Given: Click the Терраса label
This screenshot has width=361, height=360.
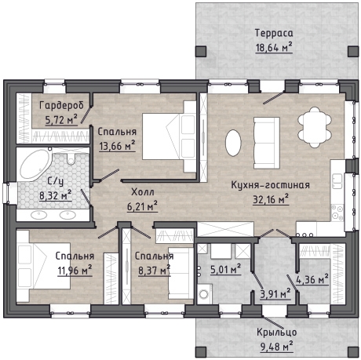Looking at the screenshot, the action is pos(274,33).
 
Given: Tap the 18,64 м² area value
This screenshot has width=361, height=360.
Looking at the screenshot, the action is pos(274,48).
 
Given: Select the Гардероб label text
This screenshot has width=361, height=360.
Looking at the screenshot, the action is pos(61,106).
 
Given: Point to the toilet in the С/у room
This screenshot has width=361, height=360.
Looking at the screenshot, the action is pos(71,158).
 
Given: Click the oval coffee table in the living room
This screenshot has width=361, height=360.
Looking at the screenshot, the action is pos(233,143).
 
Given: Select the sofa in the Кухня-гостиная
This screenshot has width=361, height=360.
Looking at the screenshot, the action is pos(267,143).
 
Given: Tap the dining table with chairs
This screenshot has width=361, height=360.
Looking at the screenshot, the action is pos(315,127).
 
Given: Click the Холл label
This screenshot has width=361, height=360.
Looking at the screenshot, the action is pos(143,192).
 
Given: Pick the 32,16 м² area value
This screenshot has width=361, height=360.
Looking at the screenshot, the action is pos(271,199).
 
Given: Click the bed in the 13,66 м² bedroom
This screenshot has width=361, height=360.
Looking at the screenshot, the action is pos(170,136).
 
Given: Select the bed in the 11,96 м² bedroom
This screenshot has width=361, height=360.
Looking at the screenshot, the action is pos(43,266).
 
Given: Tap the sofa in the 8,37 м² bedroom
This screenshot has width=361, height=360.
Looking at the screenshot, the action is pos(180,274).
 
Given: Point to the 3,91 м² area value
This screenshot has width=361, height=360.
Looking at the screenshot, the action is pos(275,293).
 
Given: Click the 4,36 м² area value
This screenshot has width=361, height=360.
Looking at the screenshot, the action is pos(312,279).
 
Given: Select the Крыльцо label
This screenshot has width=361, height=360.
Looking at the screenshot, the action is pos(277,333).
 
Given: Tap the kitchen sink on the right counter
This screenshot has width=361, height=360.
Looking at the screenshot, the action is pos(337,181).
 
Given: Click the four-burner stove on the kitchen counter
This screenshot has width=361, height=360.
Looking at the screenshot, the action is pos(337,213).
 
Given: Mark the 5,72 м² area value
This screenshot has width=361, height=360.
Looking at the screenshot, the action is pos(61,120).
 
